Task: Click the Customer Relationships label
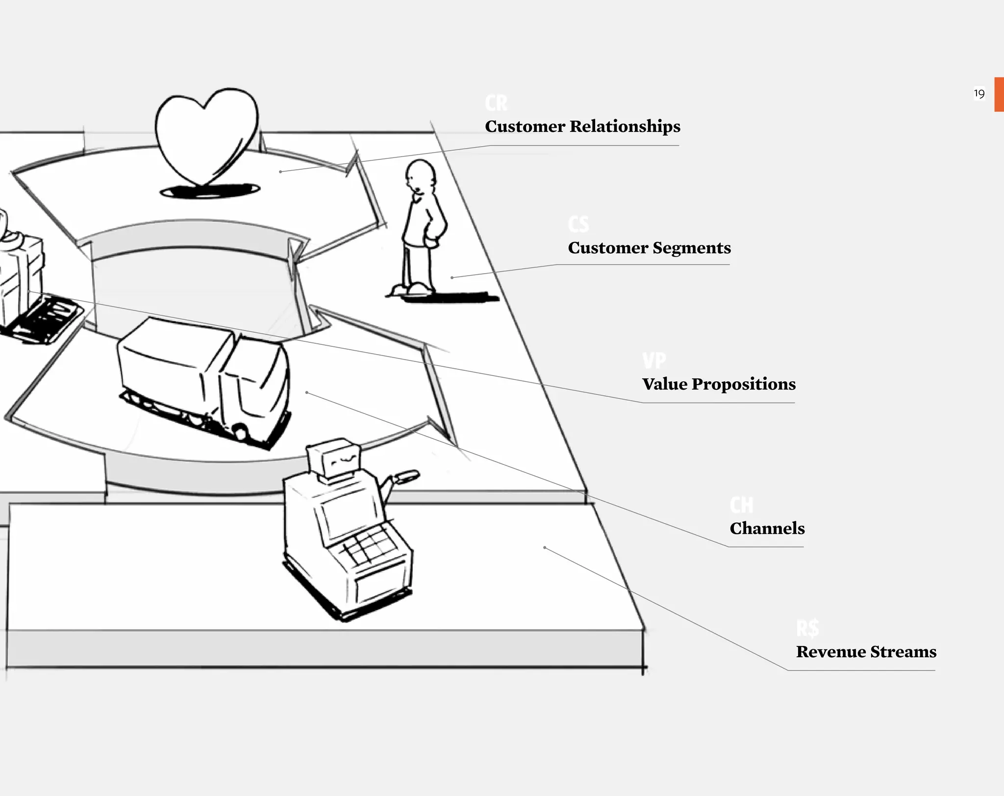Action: pyautogui.click(x=582, y=127)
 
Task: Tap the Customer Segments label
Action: pyautogui.click(x=649, y=248)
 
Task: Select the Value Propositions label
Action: pyautogui.click(x=719, y=384)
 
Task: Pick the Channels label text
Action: pyautogui.click(x=767, y=528)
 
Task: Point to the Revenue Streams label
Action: pyautogui.click(x=866, y=652)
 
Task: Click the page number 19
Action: pyautogui.click(x=979, y=94)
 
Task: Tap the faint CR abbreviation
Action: pyautogui.click(x=496, y=103)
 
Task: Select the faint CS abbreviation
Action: pyautogui.click(x=578, y=224)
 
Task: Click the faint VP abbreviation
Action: pyautogui.click(x=654, y=360)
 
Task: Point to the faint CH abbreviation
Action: pyautogui.click(x=741, y=505)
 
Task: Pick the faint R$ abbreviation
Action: pyautogui.click(x=807, y=628)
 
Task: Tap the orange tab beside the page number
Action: pyautogui.click(x=999, y=94)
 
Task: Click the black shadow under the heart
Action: pyautogui.click(x=210, y=190)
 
